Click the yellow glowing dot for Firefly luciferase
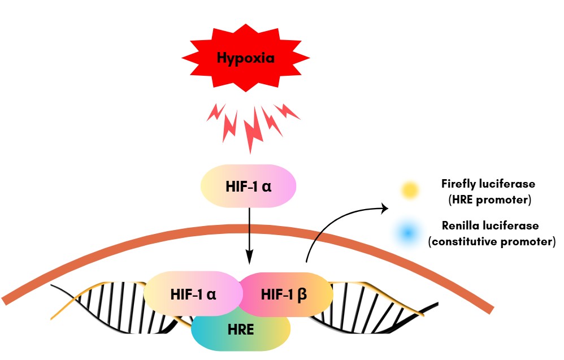click(409, 191)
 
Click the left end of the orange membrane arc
click(7, 298)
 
